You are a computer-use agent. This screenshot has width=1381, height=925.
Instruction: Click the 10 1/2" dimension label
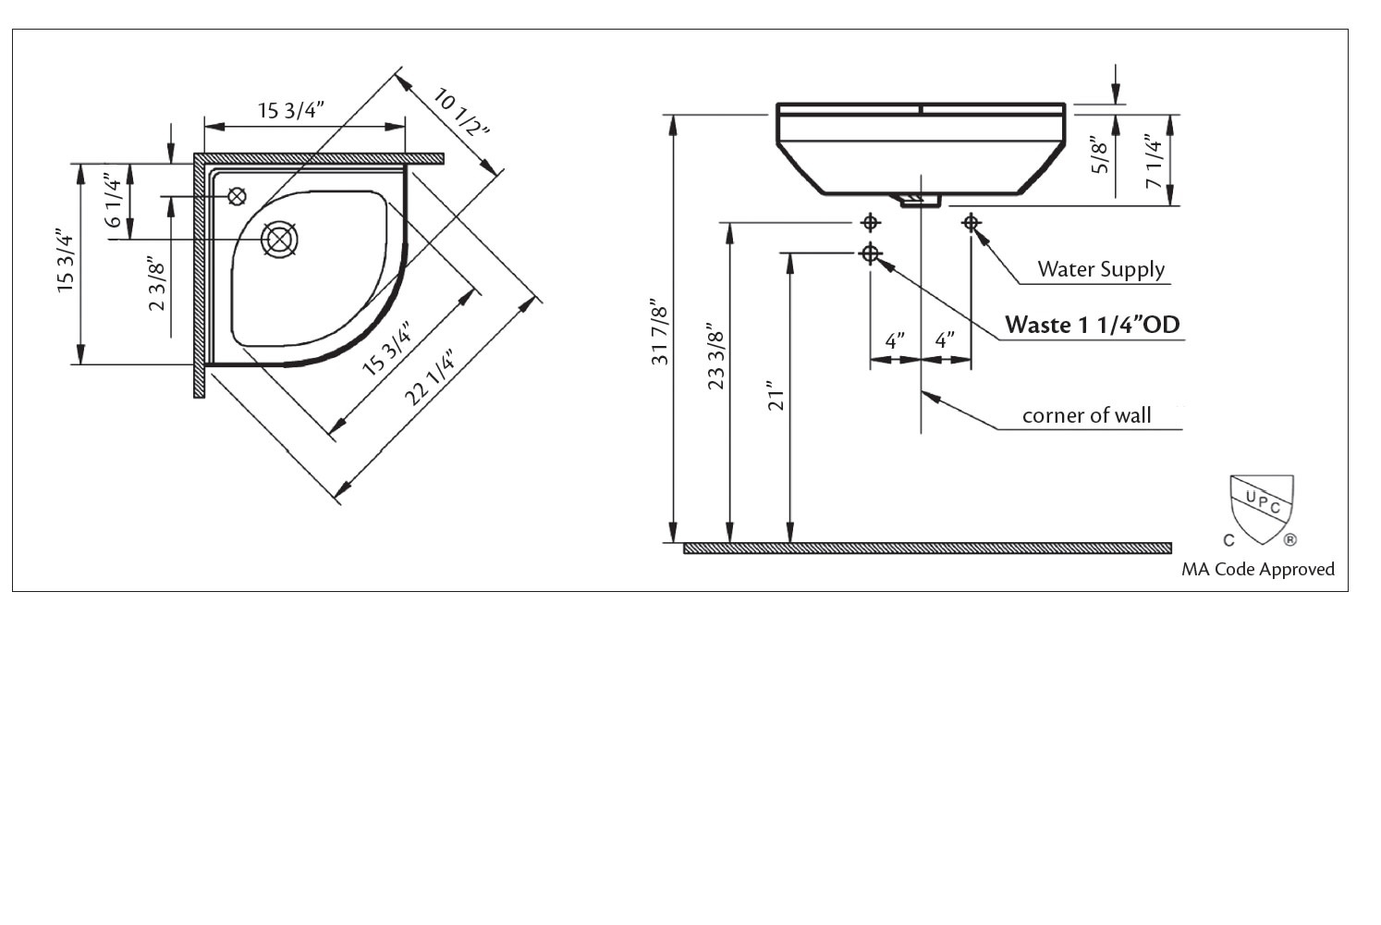[x=458, y=111]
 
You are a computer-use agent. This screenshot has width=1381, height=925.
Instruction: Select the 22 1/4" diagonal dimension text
[x=430, y=377]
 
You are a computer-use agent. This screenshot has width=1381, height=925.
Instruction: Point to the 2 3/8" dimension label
[x=157, y=286]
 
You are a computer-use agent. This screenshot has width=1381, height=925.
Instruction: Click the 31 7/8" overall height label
[x=660, y=332]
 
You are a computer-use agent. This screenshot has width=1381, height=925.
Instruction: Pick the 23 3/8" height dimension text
[x=715, y=356]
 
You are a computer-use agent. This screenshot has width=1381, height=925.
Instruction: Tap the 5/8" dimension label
[x=1098, y=155]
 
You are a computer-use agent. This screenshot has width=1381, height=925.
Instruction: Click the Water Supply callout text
[x=1100, y=269]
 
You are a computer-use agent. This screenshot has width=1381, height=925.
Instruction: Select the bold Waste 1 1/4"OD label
[x=1092, y=325]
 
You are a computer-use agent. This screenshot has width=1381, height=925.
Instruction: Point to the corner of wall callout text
[x=1086, y=415]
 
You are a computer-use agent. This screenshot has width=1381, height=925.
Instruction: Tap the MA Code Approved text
[x=1257, y=569]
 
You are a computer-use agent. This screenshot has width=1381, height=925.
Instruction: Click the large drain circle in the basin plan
[x=279, y=240]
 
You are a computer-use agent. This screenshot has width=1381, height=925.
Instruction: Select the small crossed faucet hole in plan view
[x=238, y=196]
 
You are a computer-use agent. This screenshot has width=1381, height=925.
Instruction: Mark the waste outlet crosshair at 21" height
[x=870, y=253]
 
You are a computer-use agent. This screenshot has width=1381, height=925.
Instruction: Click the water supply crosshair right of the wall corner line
[x=971, y=222]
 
